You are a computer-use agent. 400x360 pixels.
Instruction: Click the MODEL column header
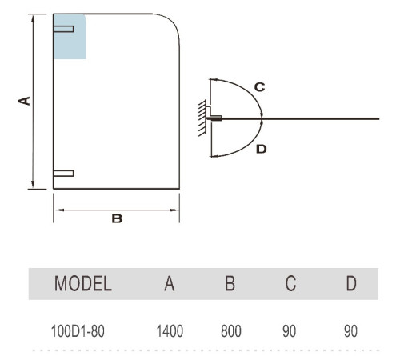pyautogui.click(x=83, y=283)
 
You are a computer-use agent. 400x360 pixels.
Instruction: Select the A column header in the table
pyautogui.click(x=170, y=283)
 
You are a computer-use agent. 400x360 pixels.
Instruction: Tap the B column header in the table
pyautogui.click(x=230, y=283)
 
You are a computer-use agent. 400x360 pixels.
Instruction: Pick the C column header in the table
pyautogui.click(x=290, y=283)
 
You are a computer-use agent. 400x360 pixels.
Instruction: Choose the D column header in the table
pyautogui.click(x=351, y=283)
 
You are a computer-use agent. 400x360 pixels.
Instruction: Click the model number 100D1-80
pyautogui.click(x=78, y=331)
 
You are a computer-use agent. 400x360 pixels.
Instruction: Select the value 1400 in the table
pyautogui.click(x=170, y=331)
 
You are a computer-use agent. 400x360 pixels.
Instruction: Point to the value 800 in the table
pyautogui.click(x=231, y=331)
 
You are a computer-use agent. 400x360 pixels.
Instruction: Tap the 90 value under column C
pyautogui.click(x=290, y=331)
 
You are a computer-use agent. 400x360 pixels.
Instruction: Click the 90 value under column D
pyautogui.click(x=350, y=331)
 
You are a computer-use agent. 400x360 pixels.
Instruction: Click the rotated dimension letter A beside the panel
pyautogui.click(x=24, y=101)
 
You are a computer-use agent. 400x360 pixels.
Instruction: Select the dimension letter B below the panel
pyautogui.click(x=117, y=218)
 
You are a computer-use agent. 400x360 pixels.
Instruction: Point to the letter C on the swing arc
pyautogui.click(x=259, y=87)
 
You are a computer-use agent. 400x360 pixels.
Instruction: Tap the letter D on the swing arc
pyautogui.click(x=262, y=149)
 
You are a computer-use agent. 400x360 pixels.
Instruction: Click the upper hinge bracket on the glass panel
pyautogui.click(x=63, y=29)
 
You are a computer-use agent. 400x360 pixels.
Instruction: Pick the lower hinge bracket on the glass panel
pyautogui.click(x=63, y=174)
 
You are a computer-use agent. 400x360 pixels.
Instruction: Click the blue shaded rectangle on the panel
pyautogui.click(x=70, y=37)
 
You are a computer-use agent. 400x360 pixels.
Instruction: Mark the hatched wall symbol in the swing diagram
pyautogui.click(x=202, y=118)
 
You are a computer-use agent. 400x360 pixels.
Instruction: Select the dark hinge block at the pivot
pyautogui.click(x=216, y=118)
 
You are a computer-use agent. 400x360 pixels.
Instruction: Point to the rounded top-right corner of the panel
pyautogui.click(x=173, y=21)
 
